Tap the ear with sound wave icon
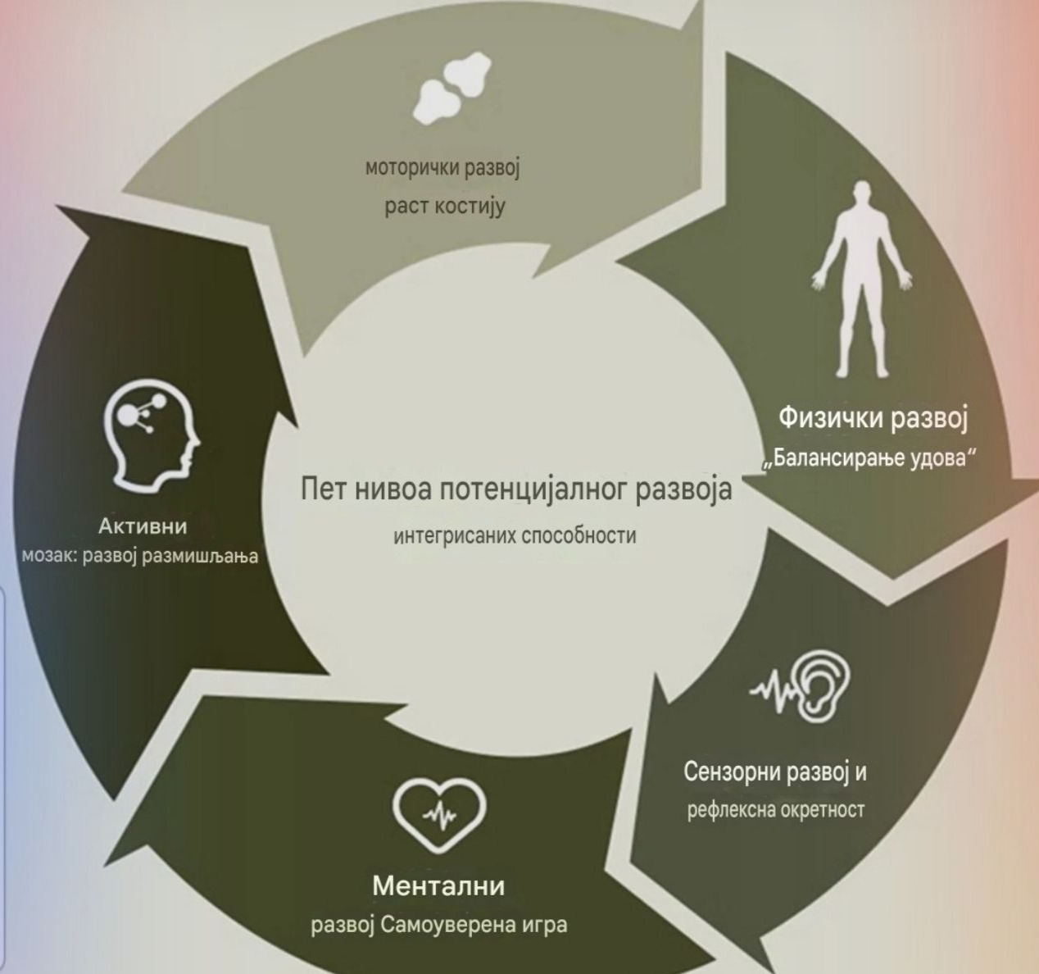(801, 686)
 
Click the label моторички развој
(442, 169)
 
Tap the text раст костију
(445, 207)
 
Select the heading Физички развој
(873, 419)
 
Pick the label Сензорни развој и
(775, 771)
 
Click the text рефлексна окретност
(775, 810)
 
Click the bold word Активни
(143, 526)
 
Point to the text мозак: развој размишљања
(140, 556)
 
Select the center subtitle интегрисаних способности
(515, 536)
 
